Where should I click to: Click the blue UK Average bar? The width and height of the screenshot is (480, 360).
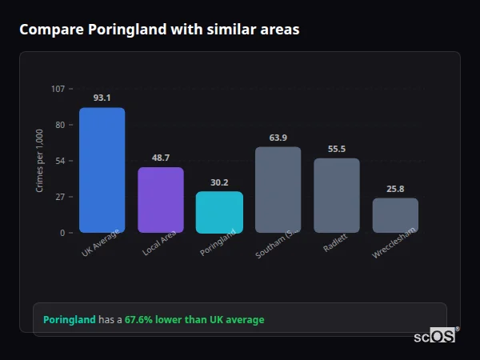coord(102,170)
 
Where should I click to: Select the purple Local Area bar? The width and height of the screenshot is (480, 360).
coord(161,200)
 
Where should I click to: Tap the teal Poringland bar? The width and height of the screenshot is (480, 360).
coord(219,212)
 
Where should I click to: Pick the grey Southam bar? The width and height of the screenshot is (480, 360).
coord(278,190)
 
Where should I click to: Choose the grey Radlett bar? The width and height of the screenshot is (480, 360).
coord(337,195)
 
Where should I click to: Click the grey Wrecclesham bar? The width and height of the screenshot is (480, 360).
coord(395,215)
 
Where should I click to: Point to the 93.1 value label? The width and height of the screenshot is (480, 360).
coord(102,98)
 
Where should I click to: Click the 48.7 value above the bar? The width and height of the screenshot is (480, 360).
coord(161,158)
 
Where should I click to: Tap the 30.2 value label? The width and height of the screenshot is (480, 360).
coord(219,182)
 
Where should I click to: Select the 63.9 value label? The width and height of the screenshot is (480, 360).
coord(278,138)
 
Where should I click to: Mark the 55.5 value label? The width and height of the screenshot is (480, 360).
coord(337,149)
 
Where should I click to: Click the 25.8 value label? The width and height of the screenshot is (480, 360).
coord(395,189)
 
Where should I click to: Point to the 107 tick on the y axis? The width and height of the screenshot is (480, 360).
coord(58,89)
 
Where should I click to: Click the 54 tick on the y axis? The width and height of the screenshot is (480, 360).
coord(60,161)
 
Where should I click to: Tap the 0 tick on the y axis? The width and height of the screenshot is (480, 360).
coord(62,233)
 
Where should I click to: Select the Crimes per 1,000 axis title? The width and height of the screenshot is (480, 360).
coord(40,160)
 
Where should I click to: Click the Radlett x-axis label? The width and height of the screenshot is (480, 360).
coord(336,245)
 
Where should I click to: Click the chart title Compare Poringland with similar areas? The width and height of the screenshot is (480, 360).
coord(159,30)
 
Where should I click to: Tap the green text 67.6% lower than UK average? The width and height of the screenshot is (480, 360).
coord(194,320)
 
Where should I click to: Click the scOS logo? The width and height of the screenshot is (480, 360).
coord(434,336)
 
